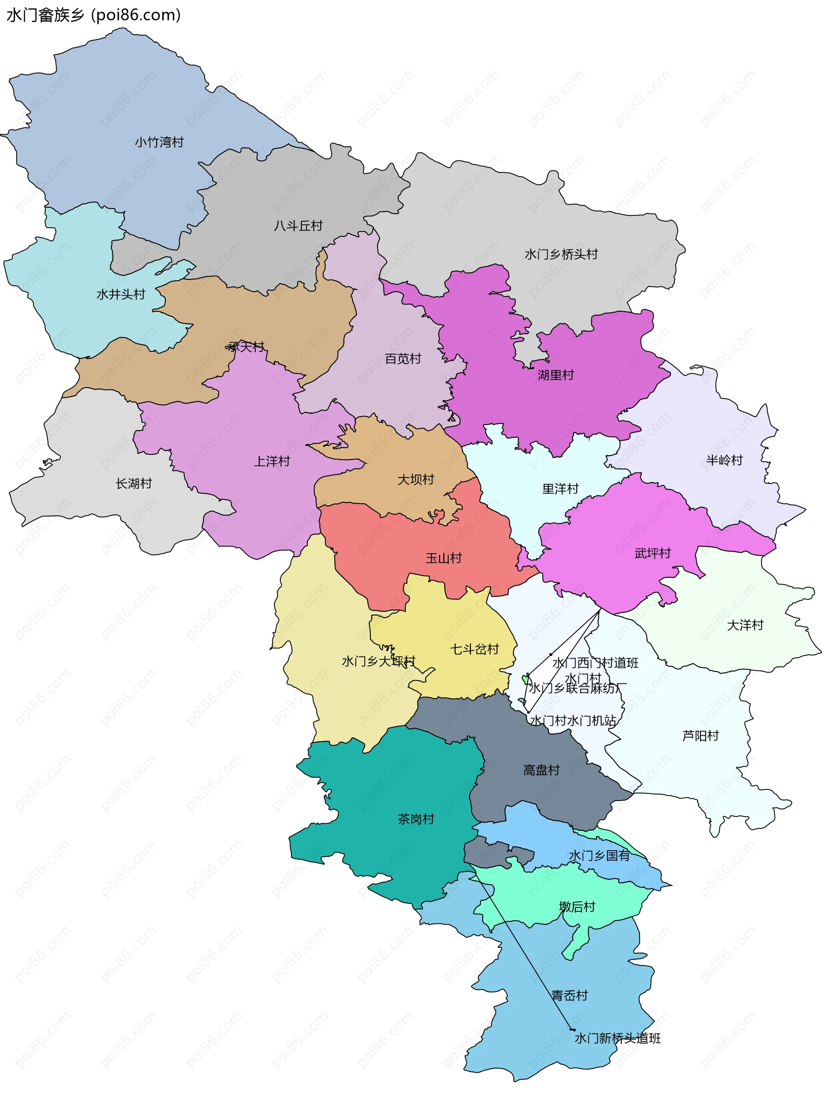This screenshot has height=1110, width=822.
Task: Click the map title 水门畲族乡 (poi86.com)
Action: pos(93,15)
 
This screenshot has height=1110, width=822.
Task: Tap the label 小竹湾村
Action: pos(159,142)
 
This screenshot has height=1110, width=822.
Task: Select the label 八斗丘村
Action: pos(298,226)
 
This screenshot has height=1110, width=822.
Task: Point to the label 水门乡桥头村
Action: pos(561,254)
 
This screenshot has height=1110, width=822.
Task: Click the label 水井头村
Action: pos(121,294)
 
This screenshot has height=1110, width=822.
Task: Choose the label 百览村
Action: pos(403,359)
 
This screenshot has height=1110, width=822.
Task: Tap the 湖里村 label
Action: pos(556,375)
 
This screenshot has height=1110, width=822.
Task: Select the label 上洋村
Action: pos(272,462)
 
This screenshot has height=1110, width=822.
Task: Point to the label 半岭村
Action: pos(724,460)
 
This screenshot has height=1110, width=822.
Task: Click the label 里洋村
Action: pos(560,489)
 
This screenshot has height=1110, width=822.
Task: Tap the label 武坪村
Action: pos(652,553)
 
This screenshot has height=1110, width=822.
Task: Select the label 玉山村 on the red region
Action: pos(444,558)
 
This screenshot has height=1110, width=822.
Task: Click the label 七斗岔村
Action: pos(474,649)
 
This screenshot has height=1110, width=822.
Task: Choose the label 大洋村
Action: pos(745,625)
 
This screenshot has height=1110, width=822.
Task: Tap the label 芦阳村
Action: pos(700,736)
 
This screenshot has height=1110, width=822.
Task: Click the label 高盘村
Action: pos(542,770)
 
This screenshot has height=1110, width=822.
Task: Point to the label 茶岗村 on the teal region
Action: pos(416,819)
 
